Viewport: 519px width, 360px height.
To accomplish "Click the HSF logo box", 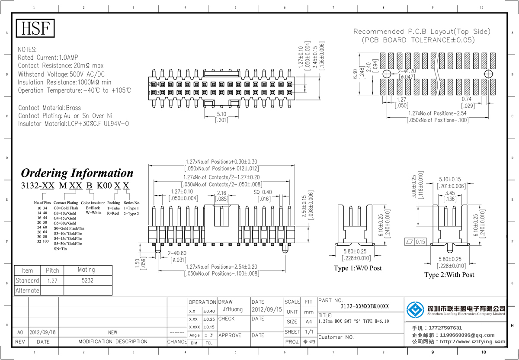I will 36,29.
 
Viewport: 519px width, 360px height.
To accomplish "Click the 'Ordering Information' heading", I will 77,173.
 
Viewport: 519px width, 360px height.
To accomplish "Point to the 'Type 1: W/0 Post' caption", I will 358,268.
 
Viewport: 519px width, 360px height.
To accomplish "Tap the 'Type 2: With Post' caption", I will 449,275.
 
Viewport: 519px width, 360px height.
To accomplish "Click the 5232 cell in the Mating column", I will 87,280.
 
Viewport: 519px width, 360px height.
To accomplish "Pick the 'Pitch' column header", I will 52,270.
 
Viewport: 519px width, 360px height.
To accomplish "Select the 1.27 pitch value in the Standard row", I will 52,280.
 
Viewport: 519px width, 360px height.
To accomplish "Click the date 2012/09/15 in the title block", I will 266,310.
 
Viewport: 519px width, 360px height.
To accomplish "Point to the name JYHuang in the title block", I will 233,310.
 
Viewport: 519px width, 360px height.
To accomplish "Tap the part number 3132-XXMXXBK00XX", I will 365,306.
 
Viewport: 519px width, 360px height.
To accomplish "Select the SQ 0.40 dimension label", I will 263,192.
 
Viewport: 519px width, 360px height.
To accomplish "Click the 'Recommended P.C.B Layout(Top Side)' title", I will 422,32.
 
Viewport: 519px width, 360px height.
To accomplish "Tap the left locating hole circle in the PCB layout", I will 386,74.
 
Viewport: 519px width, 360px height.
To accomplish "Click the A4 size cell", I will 308,322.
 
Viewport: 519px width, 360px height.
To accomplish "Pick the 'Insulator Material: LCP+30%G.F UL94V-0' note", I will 74,124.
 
